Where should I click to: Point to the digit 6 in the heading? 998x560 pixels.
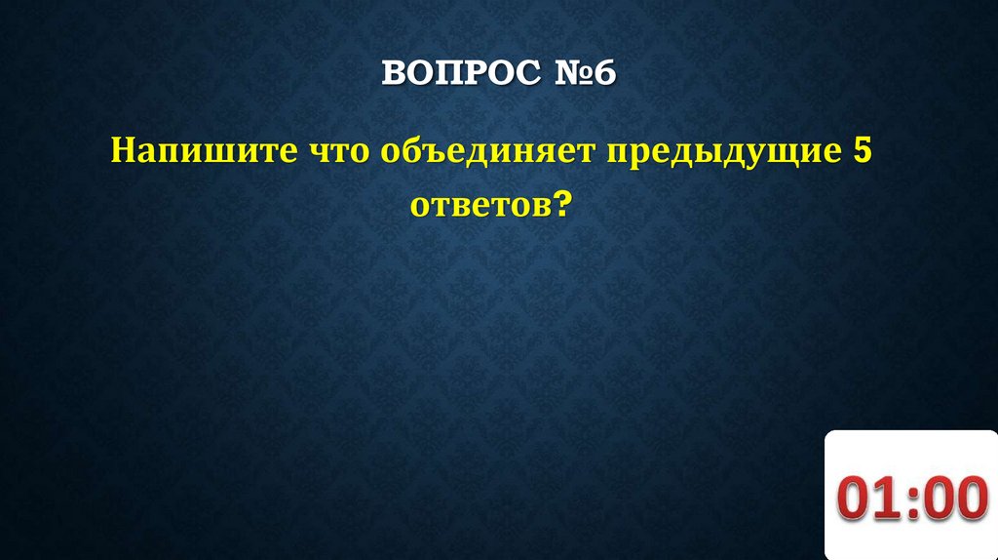[x=604, y=74]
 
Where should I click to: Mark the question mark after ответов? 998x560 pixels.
[x=560, y=205]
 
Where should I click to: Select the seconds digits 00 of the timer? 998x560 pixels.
[x=954, y=498]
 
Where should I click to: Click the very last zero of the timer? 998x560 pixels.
[x=971, y=498]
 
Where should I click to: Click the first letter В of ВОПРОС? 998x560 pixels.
[x=392, y=74]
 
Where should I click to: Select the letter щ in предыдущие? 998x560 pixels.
[x=788, y=153]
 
